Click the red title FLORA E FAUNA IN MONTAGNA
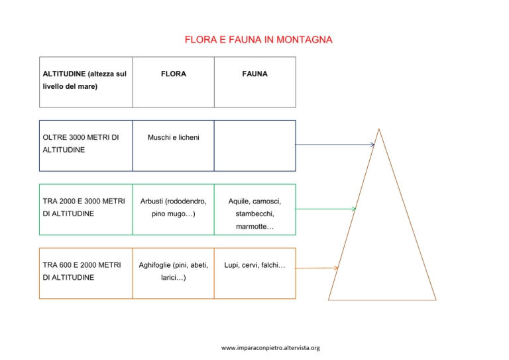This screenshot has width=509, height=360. click(x=258, y=40)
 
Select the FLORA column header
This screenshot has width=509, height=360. click(x=174, y=74)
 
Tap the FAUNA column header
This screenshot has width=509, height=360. click(x=254, y=74)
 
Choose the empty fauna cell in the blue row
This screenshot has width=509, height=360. click(x=254, y=146)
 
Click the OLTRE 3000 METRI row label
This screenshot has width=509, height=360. click(x=81, y=143)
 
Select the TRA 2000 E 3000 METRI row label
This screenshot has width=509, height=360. click(x=84, y=208)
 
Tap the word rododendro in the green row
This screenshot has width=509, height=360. click(x=187, y=202)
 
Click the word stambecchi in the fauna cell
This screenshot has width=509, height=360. click(x=254, y=214)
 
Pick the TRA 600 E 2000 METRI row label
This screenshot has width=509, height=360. click(x=82, y=271)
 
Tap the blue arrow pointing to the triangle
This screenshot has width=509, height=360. click(x=335, y=145)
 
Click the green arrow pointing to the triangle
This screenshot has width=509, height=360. click(x=325, y=209)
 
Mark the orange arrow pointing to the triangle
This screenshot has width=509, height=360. click(x=317, y=268)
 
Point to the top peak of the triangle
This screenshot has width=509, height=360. click(x=379, y=129)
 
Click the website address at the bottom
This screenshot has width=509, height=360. click(x=270, y=348)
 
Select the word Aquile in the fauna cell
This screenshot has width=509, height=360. click(x=239, y=202)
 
